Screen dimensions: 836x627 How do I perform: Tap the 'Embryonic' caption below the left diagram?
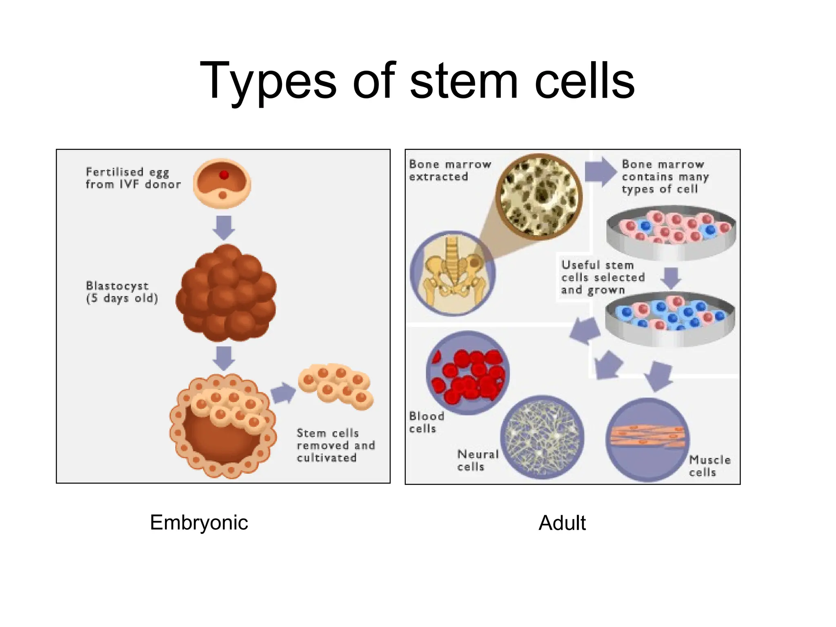[x=199, y=523]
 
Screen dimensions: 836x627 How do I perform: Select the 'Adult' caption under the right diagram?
[x=562, y=523]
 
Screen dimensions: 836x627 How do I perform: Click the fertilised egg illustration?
[x=222, y=183]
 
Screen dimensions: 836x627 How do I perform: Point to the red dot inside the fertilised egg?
[x=224, y=175]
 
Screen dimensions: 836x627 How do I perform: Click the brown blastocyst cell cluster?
[x=226, y=293]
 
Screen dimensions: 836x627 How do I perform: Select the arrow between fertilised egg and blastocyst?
[x=224, y=227]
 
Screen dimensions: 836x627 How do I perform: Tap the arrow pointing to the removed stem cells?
[x=282, y=393]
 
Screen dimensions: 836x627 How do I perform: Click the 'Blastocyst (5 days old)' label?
[x=122, y=292]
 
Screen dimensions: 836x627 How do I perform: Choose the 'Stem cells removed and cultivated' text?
[x=336, y=445]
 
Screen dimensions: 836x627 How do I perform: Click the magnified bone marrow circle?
[x=539, y=196]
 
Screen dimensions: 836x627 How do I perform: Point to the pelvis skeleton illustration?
[x=453, y=273]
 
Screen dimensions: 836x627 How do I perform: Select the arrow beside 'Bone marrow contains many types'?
[x=600, y=171]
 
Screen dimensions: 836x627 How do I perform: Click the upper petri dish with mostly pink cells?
[x=671, y=233]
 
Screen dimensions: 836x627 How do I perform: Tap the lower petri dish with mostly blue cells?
[x=670, y=319]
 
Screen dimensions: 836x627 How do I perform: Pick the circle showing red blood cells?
[x=467, y=373]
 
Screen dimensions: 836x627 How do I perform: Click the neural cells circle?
[x=542, y=437]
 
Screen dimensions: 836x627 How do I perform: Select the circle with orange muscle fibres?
[x=647, y=439]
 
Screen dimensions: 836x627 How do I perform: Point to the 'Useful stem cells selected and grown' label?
[x=603, y=278]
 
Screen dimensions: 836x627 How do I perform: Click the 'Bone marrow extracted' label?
[x=450, y=170]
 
